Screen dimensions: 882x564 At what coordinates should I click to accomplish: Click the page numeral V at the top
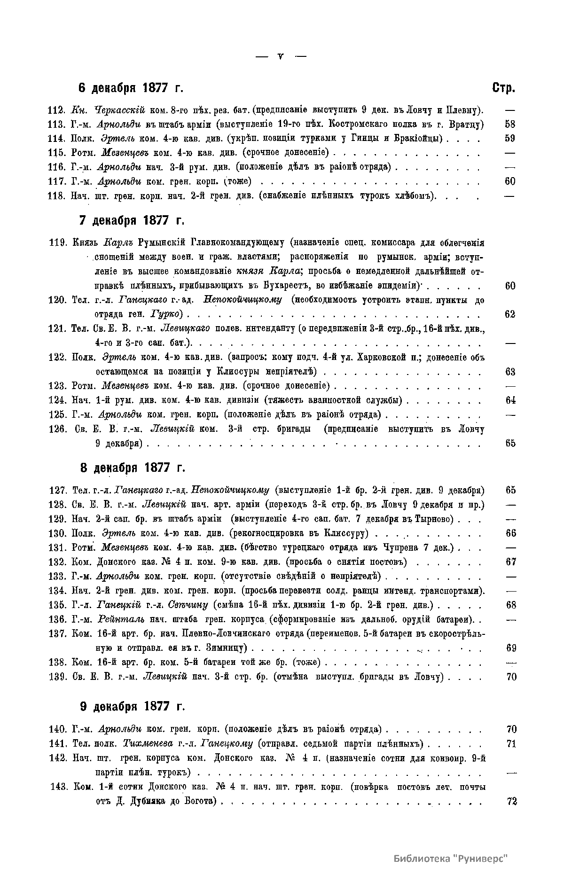(x=281, y=56)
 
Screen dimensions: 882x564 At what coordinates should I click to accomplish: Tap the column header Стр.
(x=503, y=88)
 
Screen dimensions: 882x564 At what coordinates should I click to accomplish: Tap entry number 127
(x=58, y=490)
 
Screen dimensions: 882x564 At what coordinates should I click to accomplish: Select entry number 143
(x=60, y=787)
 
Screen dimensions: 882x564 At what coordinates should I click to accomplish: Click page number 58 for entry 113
(x=510, y=124)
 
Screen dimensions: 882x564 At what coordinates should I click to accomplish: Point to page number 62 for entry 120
(x=510, y=314)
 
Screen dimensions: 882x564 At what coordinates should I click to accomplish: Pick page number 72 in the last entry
(x=512, y=801)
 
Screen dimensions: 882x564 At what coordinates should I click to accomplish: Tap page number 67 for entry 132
(x=511, y=562)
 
